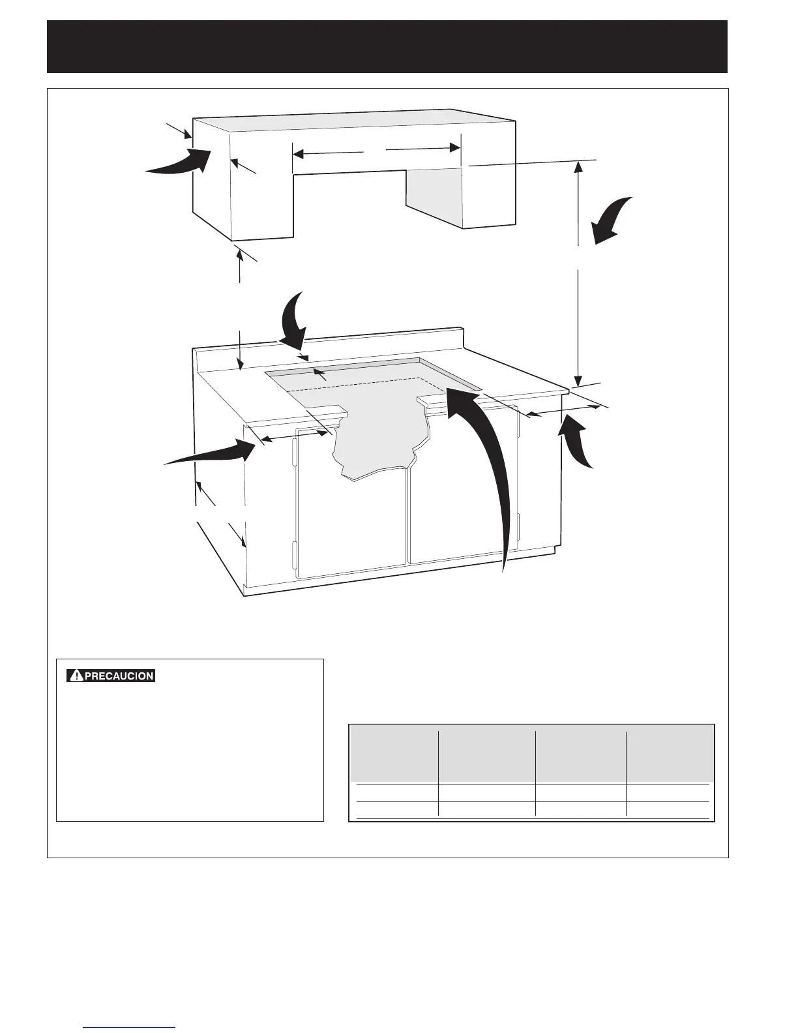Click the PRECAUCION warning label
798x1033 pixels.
click(111, 676)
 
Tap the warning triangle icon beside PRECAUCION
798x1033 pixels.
click(76, 676)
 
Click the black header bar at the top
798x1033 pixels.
click(387, 46)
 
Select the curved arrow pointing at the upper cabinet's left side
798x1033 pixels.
click(179, 162)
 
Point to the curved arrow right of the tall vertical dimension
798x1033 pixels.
click(613, 220)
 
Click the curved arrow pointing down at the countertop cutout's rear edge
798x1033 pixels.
click(291, 320)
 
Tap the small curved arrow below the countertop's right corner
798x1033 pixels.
click(580, 443)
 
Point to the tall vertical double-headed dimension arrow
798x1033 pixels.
click(578, 274)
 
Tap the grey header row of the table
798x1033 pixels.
click(532, 753)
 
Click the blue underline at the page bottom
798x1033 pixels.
click(130, 1028)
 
